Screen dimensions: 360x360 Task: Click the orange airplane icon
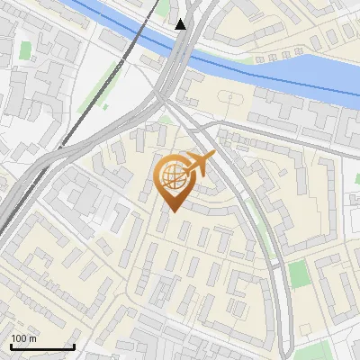(201, 165)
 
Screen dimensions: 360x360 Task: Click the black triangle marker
(181, 24)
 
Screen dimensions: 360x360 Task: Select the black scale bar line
(42, 346)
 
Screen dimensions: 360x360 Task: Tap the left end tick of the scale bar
(11, 345)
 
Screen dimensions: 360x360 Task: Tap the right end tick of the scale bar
(74, 345)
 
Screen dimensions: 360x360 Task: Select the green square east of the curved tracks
(301, 274)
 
